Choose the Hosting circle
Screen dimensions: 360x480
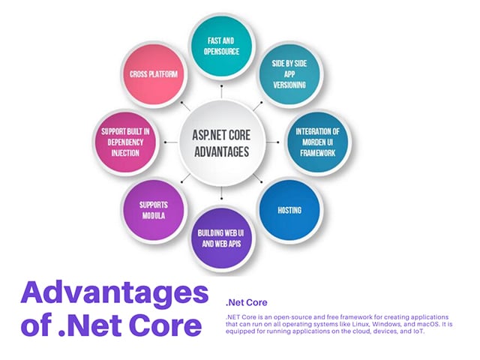[x=289, y=209]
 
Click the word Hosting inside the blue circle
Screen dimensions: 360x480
[x=289, y=210]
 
